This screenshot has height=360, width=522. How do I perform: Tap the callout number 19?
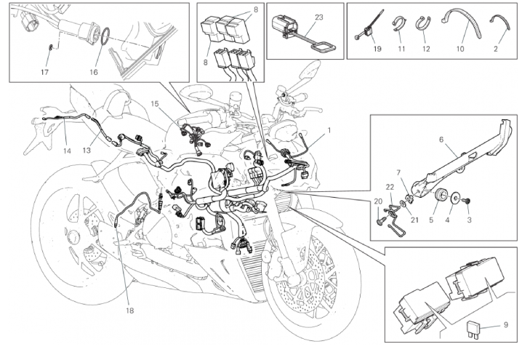[377, 49]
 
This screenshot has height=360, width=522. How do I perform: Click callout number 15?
[154, 105]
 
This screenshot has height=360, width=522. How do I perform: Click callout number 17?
[44, 72]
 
